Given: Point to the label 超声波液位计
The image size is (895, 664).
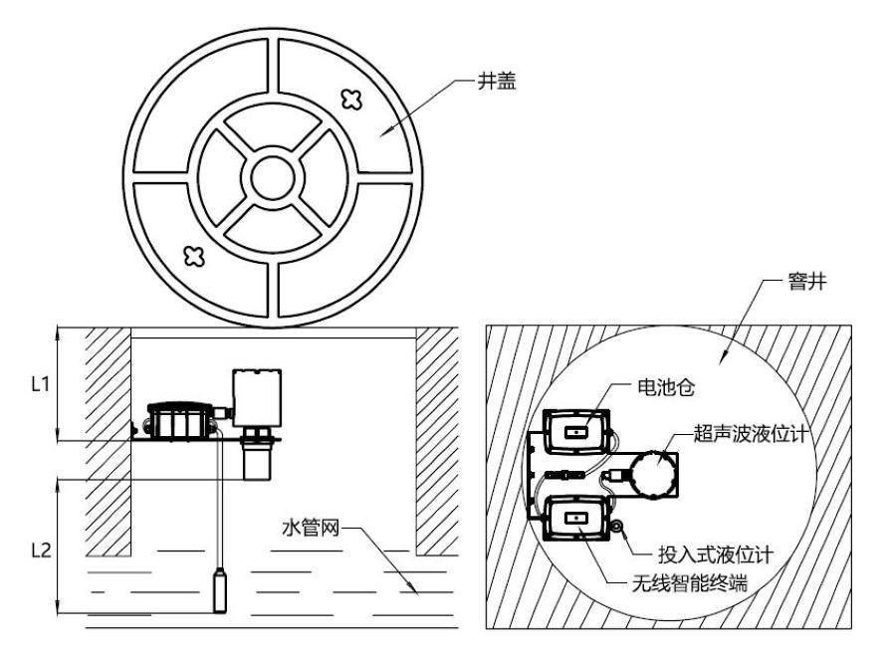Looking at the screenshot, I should click(755, 434).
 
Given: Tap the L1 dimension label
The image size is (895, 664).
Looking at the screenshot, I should click(41, 384).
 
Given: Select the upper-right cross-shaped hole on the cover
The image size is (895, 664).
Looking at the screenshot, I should click(349, 99).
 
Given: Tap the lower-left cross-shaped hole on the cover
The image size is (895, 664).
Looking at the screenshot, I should click(195, 256).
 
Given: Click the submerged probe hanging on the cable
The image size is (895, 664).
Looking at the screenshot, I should click(221, 589).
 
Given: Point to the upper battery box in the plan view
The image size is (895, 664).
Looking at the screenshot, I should click(576, 432).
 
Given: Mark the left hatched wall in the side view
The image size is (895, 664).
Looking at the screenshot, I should click(109, 438).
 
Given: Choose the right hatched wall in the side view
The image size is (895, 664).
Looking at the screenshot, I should click(436, 438).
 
